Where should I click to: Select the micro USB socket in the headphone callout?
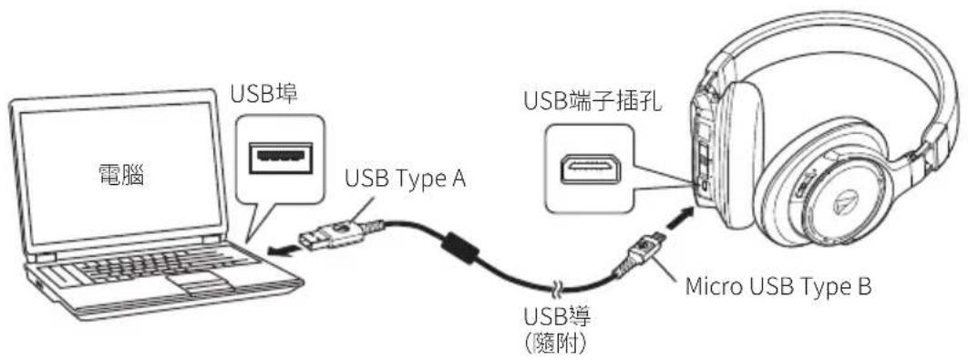click(591, 170)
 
